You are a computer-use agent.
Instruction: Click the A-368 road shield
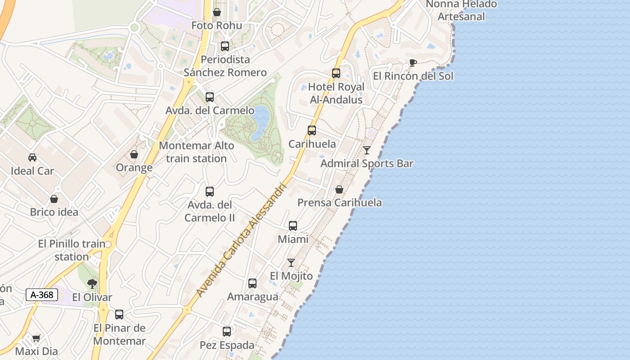tap(42, 295)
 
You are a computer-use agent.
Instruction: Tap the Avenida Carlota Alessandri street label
tap(241, 240)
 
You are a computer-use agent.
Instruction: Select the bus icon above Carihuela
tap(312, 130)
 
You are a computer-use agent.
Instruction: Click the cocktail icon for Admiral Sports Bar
tap(367, 150)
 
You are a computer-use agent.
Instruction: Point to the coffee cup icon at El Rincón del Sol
tap(413, 63)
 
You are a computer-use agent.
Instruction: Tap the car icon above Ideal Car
tap(32, 157)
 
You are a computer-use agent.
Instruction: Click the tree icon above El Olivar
tap(92, 283)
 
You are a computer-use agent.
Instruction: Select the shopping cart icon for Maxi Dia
tap(36, 338)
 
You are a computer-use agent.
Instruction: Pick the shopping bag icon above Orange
tap(134, 154)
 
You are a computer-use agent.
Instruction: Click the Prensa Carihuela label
tap(339, 202)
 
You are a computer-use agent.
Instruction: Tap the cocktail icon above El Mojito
tap(291, 262)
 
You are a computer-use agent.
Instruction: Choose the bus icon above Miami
tap(293, 225)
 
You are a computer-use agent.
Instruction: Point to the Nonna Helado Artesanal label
tap(461, 10)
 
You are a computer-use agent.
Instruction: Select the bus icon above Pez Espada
tap(227, 332)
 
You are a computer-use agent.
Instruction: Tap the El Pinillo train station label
tap(72, 250)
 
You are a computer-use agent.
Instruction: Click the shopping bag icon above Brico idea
tap(54, 199)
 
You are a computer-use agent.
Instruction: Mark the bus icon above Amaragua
tap(252, 283)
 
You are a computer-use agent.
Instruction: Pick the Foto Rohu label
tap(216, 25)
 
